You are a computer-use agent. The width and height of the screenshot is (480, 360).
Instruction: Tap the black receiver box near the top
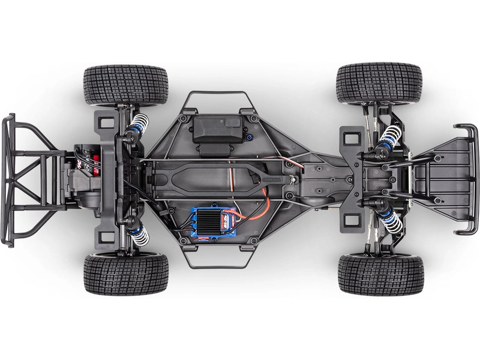[x=217, y=128]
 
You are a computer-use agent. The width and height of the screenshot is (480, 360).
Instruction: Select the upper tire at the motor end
[x=125, y=85]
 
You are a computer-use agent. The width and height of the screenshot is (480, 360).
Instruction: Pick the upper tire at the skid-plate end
[x=379, y=82]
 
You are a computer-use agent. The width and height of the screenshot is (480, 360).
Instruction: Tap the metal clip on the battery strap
[x=292, y=178]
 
